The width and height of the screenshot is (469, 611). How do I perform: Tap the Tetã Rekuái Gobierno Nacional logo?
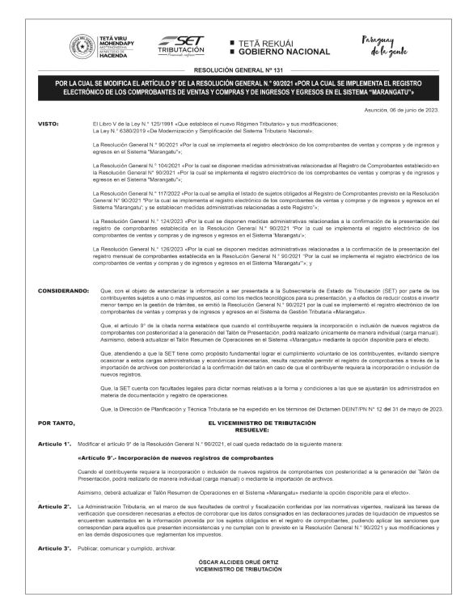pos(281,48)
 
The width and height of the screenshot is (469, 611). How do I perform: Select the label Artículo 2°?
pos(54,505)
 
